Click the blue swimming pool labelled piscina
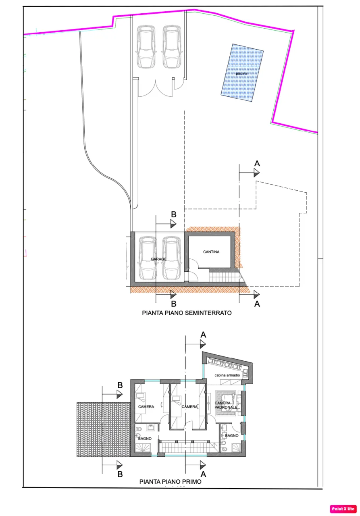(242, 73)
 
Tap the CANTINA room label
(211, 252)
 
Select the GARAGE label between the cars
(158, 259)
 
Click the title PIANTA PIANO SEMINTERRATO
(187, 313)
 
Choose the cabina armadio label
(227, 375)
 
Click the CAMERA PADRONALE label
(226, 405)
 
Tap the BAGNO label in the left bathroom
(145, 439)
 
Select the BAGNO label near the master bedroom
(231, 436)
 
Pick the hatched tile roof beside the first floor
(104, 429)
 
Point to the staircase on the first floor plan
(189, 447)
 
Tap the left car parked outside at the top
(146, 47)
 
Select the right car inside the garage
(171, 258)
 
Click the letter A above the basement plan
(257, 164)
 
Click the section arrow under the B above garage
(166, 224)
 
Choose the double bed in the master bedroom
(226, 403)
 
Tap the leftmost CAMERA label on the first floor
(146, 407)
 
